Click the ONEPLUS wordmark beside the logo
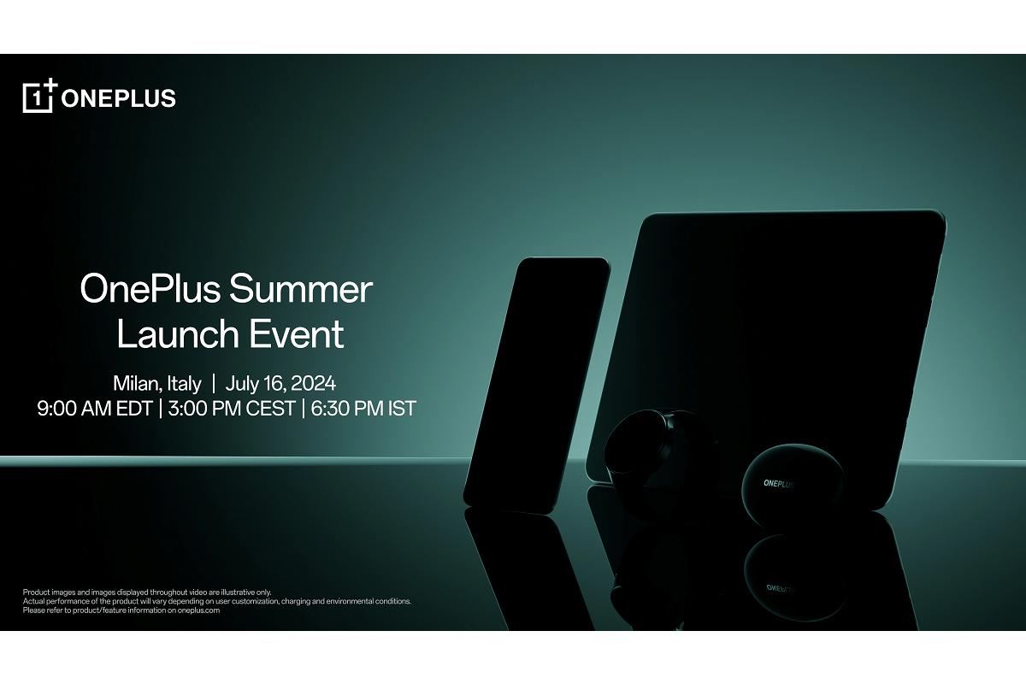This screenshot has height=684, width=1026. [118, 98]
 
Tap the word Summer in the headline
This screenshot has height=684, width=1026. [301, 290]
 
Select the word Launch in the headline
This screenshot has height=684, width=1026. [178, 333]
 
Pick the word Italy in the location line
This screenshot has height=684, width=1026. [184, 384]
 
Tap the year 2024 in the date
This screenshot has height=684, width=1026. [313, 383]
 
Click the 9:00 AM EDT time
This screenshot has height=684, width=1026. [95, 408]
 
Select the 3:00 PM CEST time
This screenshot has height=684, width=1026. [232, 408]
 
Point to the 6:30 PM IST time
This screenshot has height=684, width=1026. [363, 408]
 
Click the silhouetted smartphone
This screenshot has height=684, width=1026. [537, 385]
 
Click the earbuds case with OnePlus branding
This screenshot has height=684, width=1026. [793, 483]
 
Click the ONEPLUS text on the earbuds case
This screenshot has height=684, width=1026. [779, 483]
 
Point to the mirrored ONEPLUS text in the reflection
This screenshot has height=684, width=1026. [780, 587]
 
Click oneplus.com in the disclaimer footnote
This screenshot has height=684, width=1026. [198, 610]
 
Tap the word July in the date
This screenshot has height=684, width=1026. [241, 384]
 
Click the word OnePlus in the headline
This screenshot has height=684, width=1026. [150, 289]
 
